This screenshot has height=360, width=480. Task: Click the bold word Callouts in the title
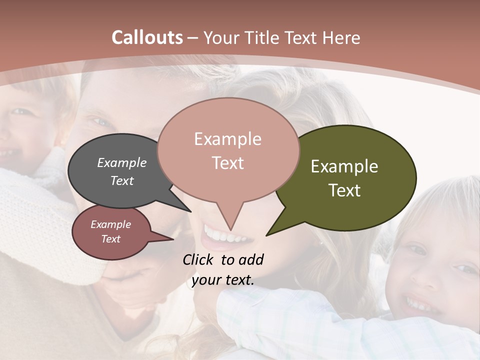click(x=147, y=37)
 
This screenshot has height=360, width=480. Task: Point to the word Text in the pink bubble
click(x=227, y=162)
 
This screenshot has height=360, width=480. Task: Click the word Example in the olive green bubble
click(x=344, y=166)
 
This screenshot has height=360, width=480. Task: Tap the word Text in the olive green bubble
click(x=344, y=190)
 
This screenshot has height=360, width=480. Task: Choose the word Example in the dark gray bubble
click(x=122, y=162)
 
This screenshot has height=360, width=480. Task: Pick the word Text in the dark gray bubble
click(x=122, y=180)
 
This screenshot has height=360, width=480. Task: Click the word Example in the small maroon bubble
click(x=110, y=224)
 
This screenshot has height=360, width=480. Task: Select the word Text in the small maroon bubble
click(x=110, y=239)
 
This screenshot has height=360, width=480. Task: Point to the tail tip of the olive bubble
click(x=266, y=235)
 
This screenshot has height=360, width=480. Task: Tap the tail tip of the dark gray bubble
click(x=190, y=211)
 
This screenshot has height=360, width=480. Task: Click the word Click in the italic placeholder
click(x=199, y=259)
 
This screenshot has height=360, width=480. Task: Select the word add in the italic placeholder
click(x=251, y=259)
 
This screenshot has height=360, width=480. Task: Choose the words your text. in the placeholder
click(x=222, y=280)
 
